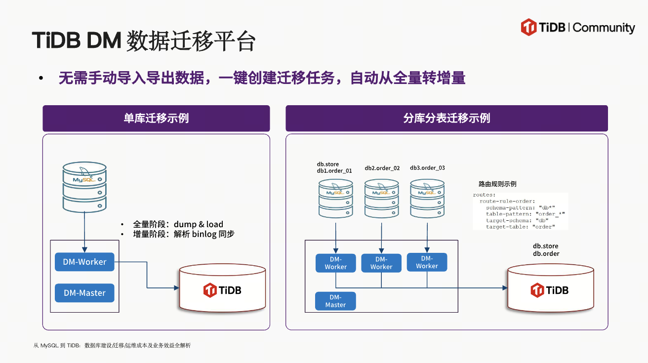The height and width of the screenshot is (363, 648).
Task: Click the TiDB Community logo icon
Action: [528, 27]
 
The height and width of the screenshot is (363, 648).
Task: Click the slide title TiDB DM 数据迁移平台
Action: [143, 41]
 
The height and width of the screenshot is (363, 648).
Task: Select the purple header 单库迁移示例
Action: [156, 119]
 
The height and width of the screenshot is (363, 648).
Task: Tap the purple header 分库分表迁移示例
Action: [446, 119]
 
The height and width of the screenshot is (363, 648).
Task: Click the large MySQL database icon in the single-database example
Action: [84, 187]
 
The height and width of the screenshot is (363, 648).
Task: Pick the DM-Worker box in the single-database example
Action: [84, 262]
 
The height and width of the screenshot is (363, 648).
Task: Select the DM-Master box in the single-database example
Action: [84, 293]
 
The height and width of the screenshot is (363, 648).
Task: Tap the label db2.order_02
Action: [382, 168]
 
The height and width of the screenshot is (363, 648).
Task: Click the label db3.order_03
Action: [427, 168]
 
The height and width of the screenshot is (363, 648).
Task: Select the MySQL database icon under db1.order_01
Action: [336, 198]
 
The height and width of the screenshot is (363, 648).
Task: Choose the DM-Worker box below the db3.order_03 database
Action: [427, 262]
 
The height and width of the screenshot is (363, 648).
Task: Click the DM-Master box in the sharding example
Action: [335, 301]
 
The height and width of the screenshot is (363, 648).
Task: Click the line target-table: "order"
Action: [520, 227]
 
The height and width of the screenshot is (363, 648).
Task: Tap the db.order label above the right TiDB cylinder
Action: [546, 254]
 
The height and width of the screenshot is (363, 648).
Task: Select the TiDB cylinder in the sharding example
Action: [550, 290]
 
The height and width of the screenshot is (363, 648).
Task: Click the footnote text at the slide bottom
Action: [112, 346]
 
